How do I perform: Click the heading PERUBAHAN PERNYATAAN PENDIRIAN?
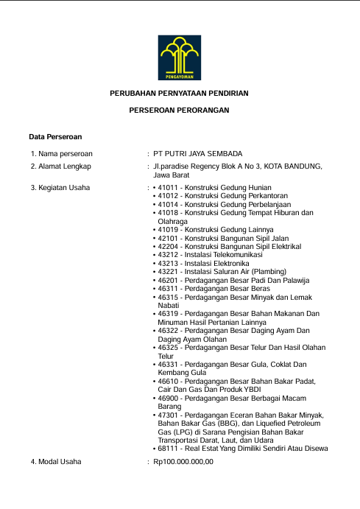(x=180, y=94)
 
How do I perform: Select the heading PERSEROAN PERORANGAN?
(x=180, y=110)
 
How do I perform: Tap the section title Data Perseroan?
(x=54, y=137)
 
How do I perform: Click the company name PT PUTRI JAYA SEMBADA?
(x=197, y=153)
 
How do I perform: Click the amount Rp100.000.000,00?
(x=183, y=462)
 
